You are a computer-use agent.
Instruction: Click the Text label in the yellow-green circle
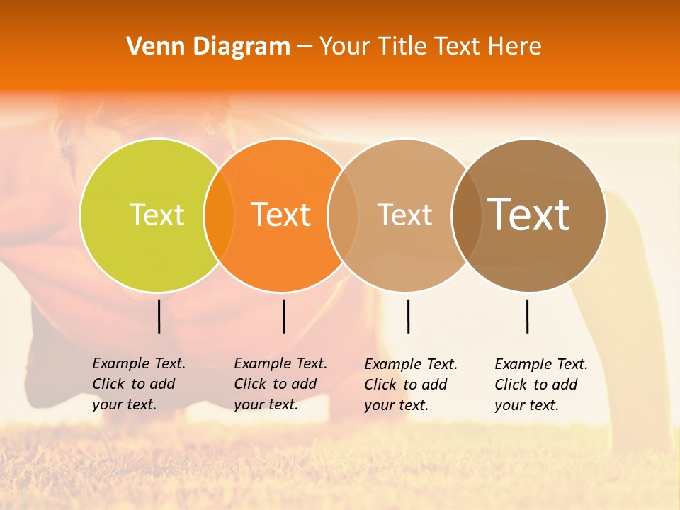157,215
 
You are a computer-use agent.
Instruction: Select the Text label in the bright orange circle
281,215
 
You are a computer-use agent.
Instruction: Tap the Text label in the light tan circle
404,215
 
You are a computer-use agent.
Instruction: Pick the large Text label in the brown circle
529,215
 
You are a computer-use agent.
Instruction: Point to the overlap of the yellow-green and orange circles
219,215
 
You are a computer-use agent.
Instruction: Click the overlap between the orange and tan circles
343,215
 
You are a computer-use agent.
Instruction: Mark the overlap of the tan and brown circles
467,215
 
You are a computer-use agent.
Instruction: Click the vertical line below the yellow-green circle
159,316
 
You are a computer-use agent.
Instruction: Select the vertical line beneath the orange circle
283,316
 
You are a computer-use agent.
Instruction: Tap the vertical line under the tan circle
408,316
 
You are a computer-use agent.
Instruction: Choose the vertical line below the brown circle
528,316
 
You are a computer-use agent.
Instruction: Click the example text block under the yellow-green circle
139,384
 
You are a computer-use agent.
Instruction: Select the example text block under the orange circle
280,384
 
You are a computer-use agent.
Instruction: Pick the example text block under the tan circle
411,385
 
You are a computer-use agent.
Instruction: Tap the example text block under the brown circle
541,385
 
